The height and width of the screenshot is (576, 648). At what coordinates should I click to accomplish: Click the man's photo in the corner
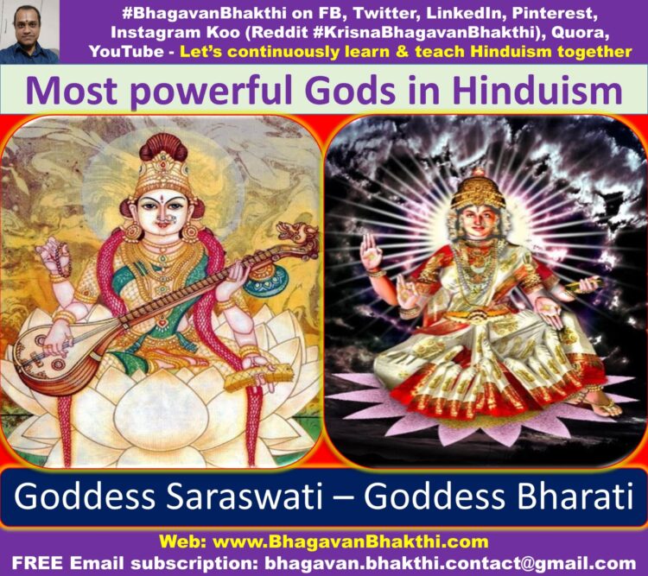click(29, 32)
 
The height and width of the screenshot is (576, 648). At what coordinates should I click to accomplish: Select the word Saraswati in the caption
click(244, 496)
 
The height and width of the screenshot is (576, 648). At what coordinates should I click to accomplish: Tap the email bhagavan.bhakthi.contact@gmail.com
click(450, 563)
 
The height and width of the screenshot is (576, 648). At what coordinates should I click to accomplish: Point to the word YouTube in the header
click(126, 52)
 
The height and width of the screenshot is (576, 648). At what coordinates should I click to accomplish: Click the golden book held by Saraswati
click(259, 377)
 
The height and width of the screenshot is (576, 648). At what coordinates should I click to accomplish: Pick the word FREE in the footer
click(38, 563)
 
